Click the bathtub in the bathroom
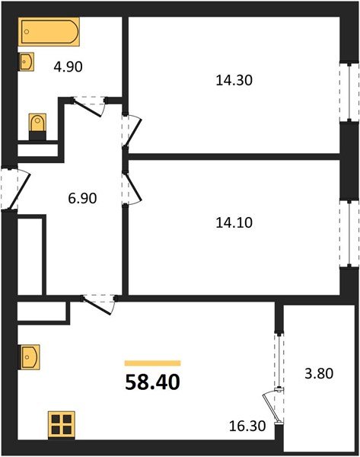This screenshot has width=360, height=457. tap(49, 32)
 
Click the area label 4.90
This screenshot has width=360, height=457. tap(68, 66)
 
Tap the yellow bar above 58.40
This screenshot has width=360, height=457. tap(152, 363)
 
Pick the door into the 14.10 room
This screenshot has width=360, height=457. tap(131, 184)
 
